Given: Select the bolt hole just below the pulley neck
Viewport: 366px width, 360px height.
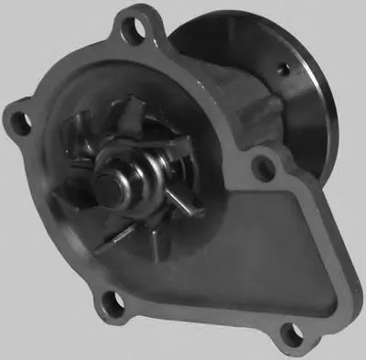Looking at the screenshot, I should tap(264, 168).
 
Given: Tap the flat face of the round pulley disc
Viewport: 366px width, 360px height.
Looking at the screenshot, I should tap(302, 101).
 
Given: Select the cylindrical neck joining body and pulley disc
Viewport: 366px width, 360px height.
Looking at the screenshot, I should tap(256, 110).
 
